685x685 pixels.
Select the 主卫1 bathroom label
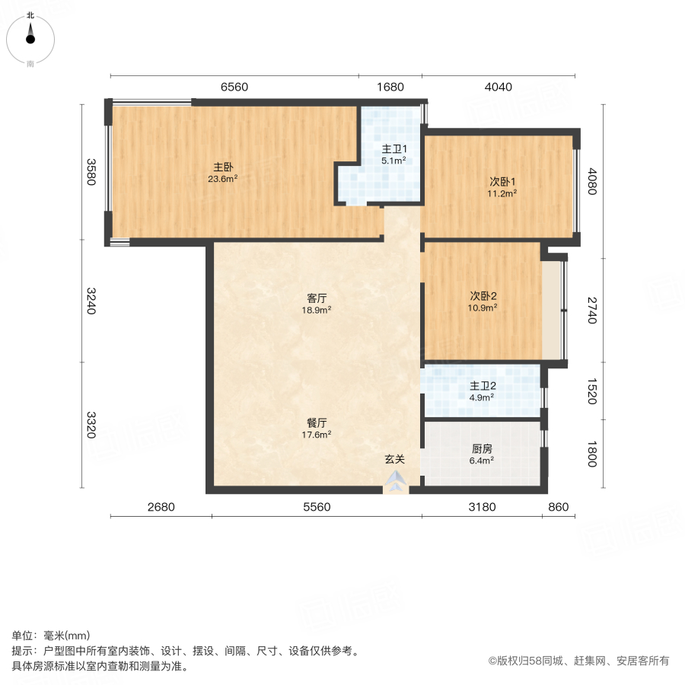pyautogui.click(x=394, y=149)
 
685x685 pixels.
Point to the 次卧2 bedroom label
pyautogui.click(x=483, y=296)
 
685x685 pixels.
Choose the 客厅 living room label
pyautogui.click(x=317, y=298)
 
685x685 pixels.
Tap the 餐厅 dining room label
pyautogui.click(x=317, y=423)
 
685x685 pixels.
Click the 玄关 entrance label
pyautogui.click(x=393, y=459)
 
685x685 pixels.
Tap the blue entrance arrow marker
pyautogui.click(x=395, y=481)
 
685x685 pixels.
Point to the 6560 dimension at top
pyautogui.click(x=234, y=87)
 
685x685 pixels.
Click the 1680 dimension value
pyautogui.click(x=390, y=87)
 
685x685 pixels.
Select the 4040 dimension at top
pyautogui.click(x=499, y=87)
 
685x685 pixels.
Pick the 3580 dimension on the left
pyautogui.click(x=91, y=172)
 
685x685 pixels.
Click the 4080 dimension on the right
pyautogui.click(x=591, y=182)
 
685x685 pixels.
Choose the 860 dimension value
pyautogui.click(x=558, y=507)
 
